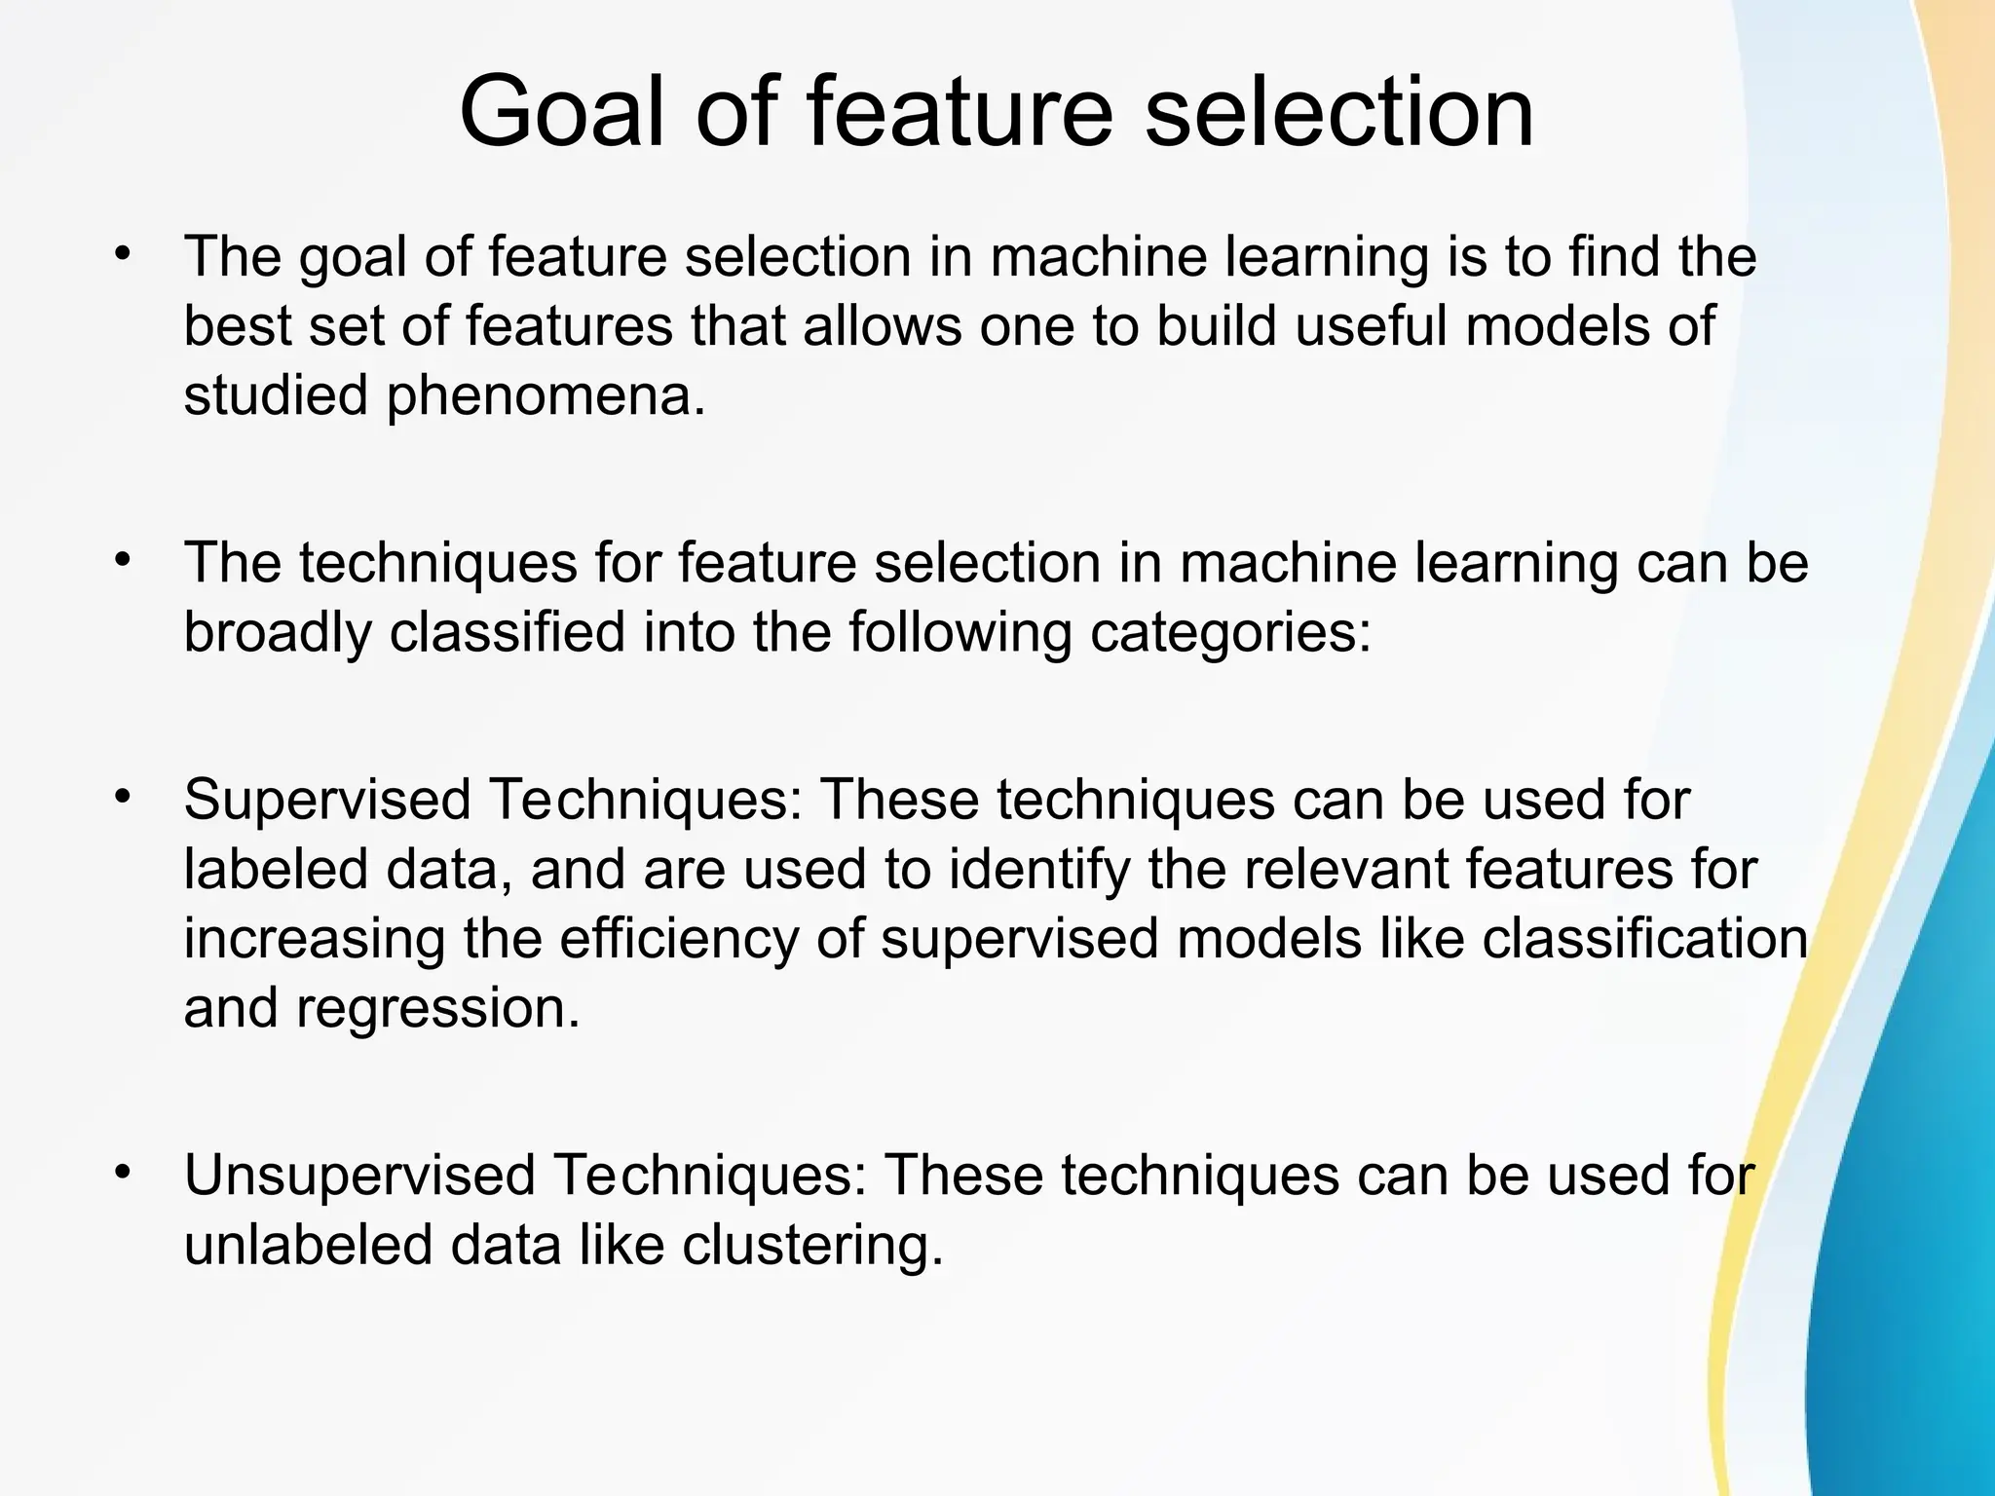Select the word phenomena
tap(546, 397)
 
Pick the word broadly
tap(278, 633)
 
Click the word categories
tap(1229, 633)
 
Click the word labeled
tap(276, 869)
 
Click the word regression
tap(437, 1010)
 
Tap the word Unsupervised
tap(359, 1177)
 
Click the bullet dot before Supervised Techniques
tap(122, 797)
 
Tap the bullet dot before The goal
tap(122, 254)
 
